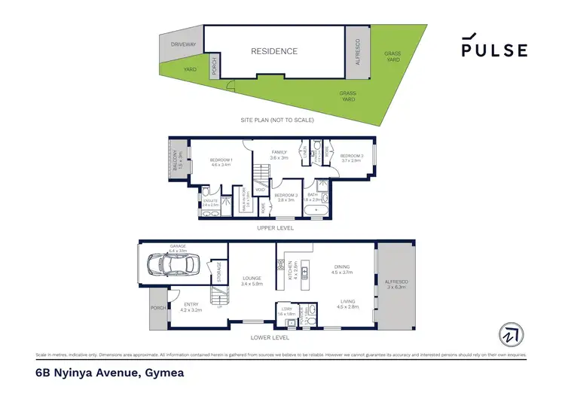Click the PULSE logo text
(494, 50)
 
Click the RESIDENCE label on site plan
(274, 52)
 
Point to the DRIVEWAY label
(183, 45)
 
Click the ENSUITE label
(210, 202)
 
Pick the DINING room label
(343, 270)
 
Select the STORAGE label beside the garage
(219, 270)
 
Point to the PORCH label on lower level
(158, 309)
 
